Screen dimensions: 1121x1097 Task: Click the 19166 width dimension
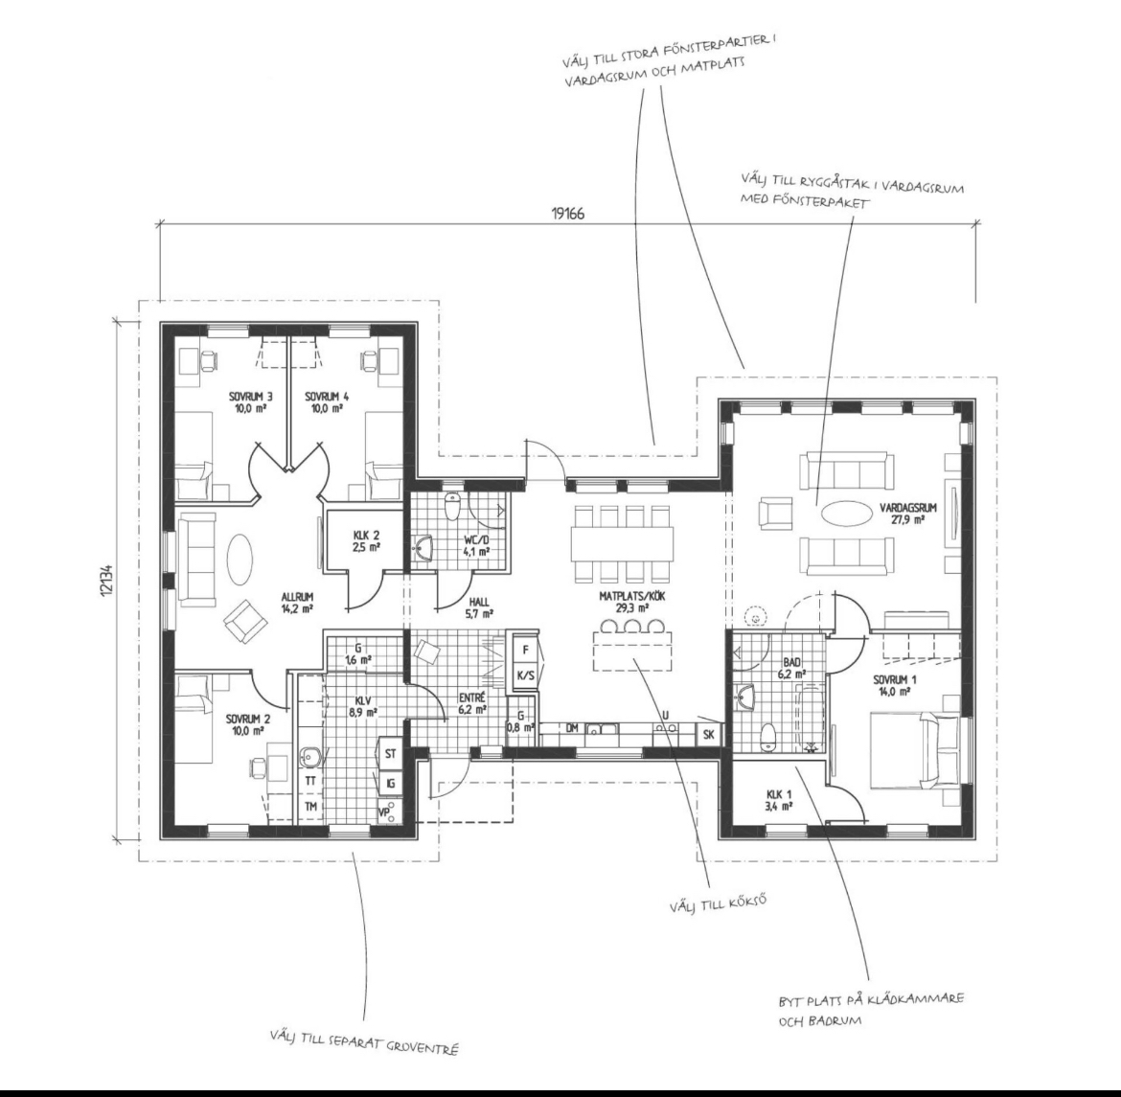pos(567,213)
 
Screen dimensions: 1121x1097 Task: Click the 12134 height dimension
pos(107,580)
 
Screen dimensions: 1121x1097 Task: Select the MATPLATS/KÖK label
pos(623,597)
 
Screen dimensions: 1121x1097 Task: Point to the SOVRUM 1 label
pos(890,679)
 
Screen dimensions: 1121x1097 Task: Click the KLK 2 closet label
pos(366,535)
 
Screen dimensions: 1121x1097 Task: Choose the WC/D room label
pos(475,540)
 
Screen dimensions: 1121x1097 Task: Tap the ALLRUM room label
pos(297,597)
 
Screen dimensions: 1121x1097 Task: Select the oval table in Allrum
pos(240,560)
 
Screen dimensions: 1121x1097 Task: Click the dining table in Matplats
pos(622,543)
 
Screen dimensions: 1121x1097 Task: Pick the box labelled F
pos(526,650)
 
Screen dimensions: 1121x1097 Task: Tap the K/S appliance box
pos(526,675)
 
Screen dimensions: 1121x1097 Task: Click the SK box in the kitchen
pos(709,735)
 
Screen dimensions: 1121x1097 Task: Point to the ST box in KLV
pos(390,754)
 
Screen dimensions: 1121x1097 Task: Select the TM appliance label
pos(311,807)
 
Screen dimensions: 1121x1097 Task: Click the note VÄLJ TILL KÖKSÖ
pos(718,903)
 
